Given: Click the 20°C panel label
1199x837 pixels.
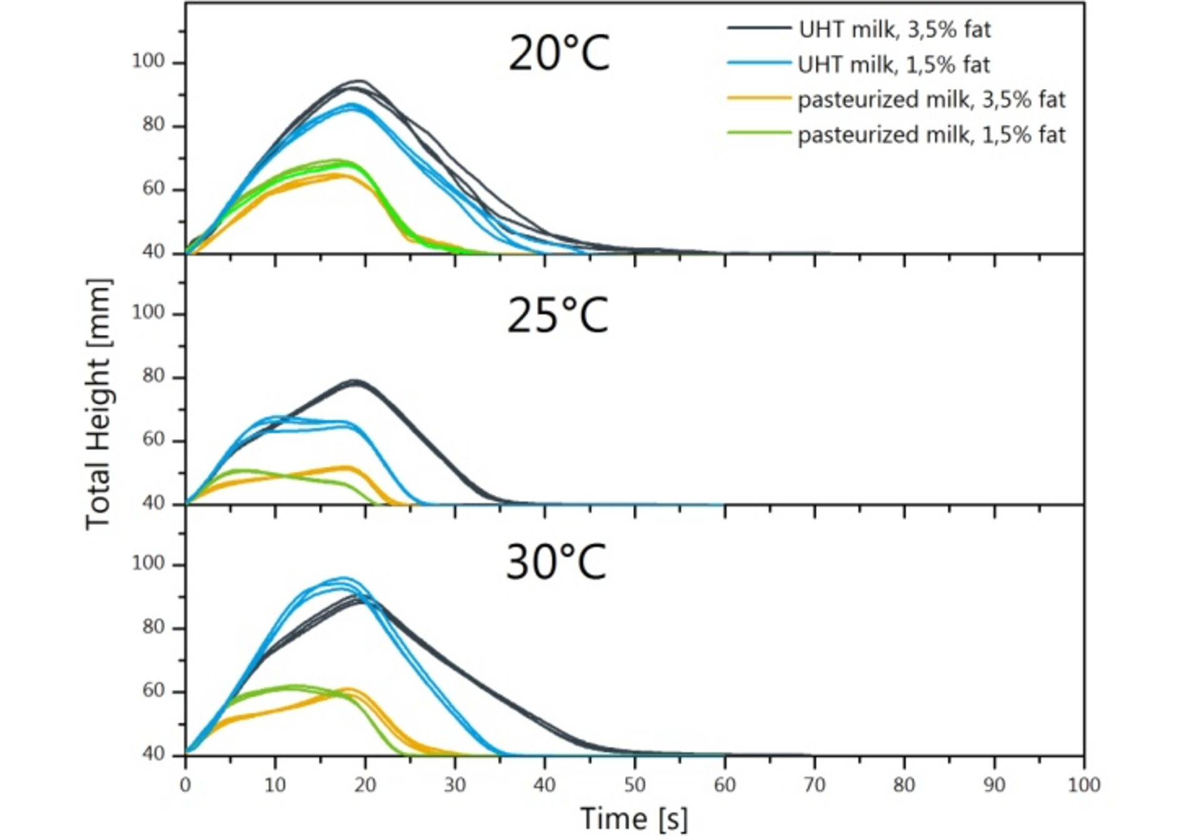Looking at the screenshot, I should coord(558,54).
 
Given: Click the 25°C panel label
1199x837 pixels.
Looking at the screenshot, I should coord(557,315).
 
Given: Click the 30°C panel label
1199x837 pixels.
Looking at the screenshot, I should coord(555,562).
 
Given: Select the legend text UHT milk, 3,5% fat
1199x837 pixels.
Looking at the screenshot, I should coord(894,29).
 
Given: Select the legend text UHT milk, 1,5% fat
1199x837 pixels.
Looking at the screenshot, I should coord(894,64).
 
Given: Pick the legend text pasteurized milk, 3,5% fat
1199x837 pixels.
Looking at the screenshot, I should coord(931,100).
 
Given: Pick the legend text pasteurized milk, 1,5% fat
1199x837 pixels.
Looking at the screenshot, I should coord(931,135).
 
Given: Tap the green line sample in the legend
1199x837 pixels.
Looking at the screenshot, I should coord(759,133).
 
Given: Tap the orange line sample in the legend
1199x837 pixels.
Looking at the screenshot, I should coord(759,98).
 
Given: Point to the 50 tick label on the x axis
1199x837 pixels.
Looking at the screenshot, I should coord(634,785).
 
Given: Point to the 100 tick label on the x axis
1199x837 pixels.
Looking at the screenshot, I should coord(1083,785).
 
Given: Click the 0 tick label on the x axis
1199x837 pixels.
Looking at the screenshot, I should coord(185,785).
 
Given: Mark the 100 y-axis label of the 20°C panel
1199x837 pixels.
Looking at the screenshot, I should coord(148,61).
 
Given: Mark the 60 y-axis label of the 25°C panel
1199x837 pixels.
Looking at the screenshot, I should coord(153,439).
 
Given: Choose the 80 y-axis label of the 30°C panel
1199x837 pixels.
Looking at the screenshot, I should coord(153,627).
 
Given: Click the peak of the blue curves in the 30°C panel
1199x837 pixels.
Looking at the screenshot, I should coord(343,578).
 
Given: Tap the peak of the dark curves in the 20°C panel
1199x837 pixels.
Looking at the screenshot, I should coord(358,82).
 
